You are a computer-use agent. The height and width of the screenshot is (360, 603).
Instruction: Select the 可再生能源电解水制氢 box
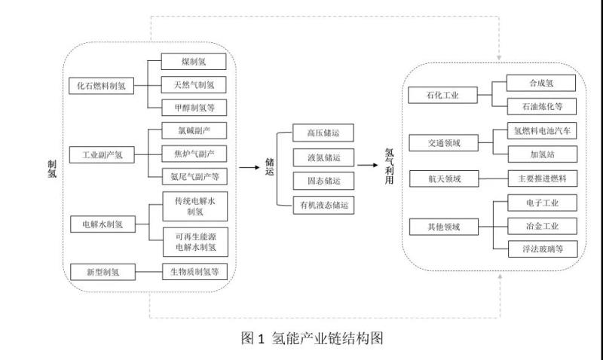195,241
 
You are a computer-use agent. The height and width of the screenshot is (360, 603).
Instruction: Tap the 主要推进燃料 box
541,179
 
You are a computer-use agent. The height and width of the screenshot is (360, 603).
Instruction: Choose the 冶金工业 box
541,225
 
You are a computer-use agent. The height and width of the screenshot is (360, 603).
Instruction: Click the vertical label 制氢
51,169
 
